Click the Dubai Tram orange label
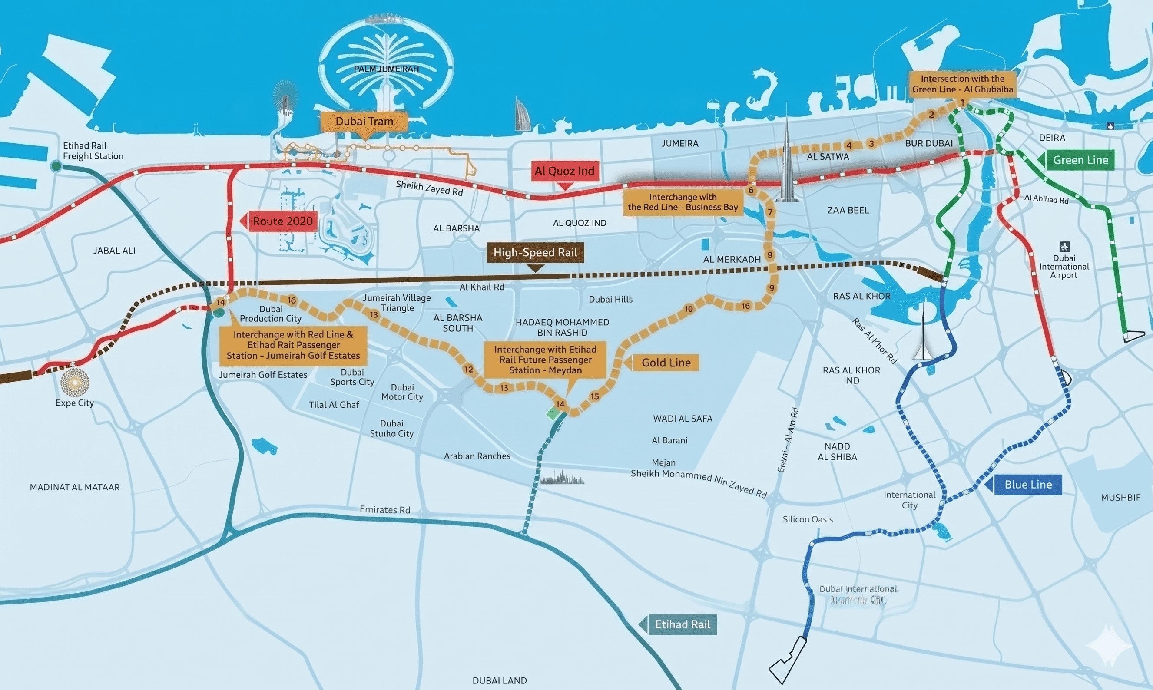364,121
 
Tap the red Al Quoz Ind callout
564,171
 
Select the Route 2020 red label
282,221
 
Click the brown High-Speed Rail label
535,252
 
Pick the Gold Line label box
666,363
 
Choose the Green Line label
1080,160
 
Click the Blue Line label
1028,485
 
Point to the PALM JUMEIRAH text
386,69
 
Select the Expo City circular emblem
74,382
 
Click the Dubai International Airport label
1064,267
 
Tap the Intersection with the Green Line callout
962,84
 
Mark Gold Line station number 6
751,190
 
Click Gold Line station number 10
688,309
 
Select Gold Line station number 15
594,396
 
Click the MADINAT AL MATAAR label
74,487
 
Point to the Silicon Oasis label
808,519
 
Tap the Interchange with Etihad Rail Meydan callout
545,360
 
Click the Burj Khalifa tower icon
786,167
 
